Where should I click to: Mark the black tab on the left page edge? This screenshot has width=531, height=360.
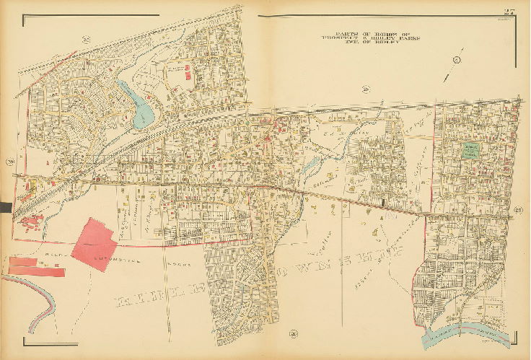click(6, 208)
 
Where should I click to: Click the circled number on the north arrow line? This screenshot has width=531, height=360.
click(456, 59)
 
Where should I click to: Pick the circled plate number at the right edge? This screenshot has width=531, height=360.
click(518, 210)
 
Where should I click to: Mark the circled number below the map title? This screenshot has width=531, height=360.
click(367, 89)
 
